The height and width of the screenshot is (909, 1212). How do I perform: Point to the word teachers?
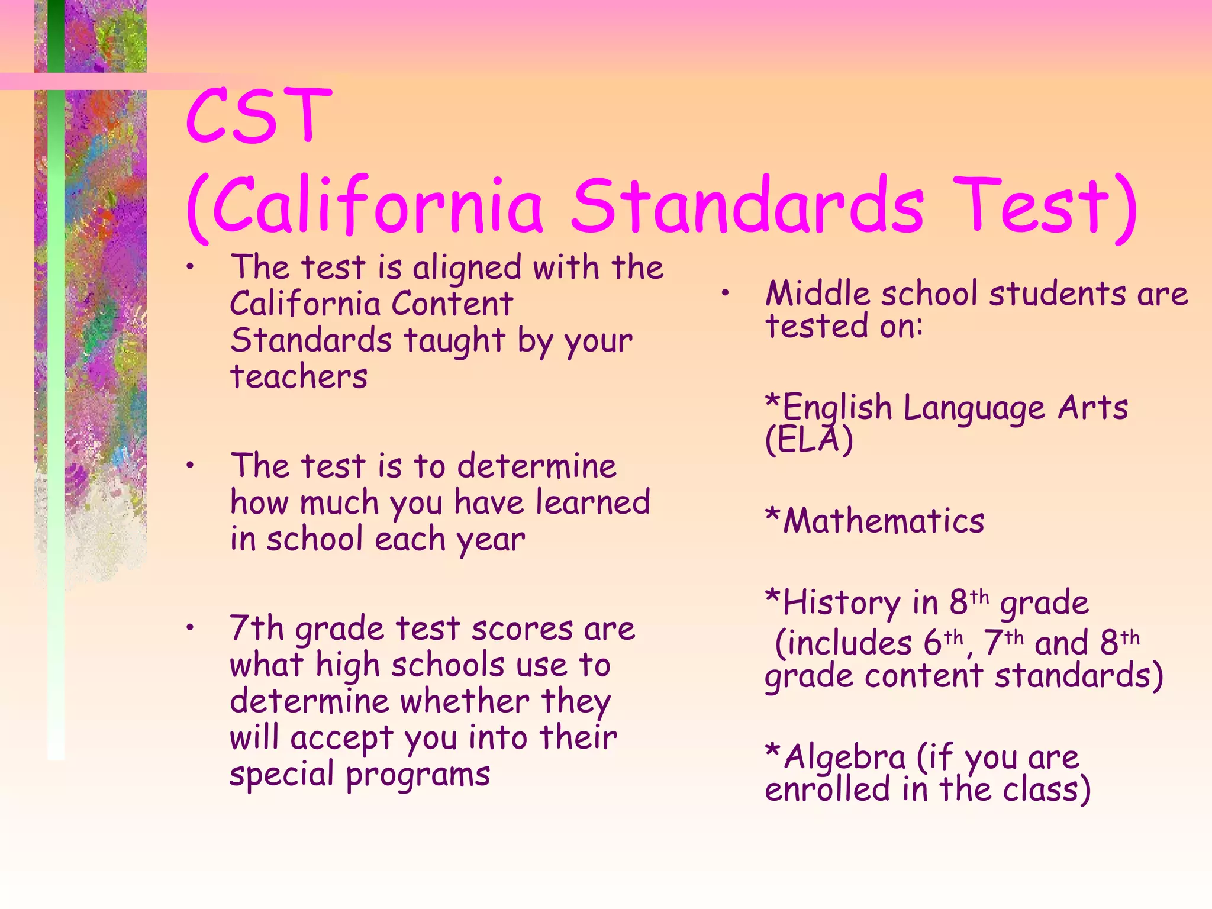(x=299, y=376)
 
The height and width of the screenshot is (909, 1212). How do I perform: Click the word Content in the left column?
(x=452, y=304)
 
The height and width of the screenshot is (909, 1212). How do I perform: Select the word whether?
(x=465, y=702)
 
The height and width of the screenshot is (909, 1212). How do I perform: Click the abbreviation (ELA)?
(x=809, y=440)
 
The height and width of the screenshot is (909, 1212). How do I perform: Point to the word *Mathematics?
(x=875, y=521)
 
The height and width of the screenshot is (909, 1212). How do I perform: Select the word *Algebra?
(x=835, y=757)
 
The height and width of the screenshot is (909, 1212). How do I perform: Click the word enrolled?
(x=827, y=789)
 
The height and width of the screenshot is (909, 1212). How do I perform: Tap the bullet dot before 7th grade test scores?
(x=189, y=627)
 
